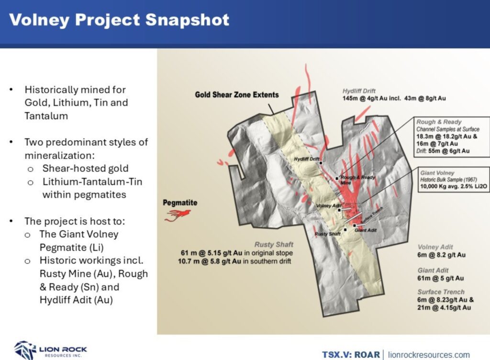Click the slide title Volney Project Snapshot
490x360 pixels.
119,20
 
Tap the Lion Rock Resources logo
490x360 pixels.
50,349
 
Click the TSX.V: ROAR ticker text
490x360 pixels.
351,355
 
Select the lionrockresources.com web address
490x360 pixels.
428,355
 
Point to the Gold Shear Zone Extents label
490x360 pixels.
236,95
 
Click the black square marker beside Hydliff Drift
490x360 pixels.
322,163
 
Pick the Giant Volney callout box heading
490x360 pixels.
437,172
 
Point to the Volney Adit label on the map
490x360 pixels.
327,206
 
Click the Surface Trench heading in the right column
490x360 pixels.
441,292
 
